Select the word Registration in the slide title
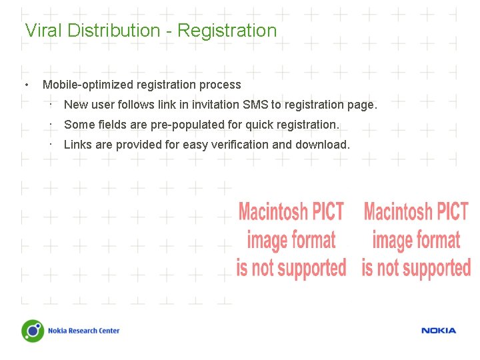coord(227,31)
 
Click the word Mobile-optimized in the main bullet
coord(88,85)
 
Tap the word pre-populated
coord(199,125)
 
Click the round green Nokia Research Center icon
coord(32,331)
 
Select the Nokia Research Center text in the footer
coord(83,331)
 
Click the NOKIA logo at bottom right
coord(439,331)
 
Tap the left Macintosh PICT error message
coord(291,240)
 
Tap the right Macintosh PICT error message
coord(416,240)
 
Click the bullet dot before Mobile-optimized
coord(26,85)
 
